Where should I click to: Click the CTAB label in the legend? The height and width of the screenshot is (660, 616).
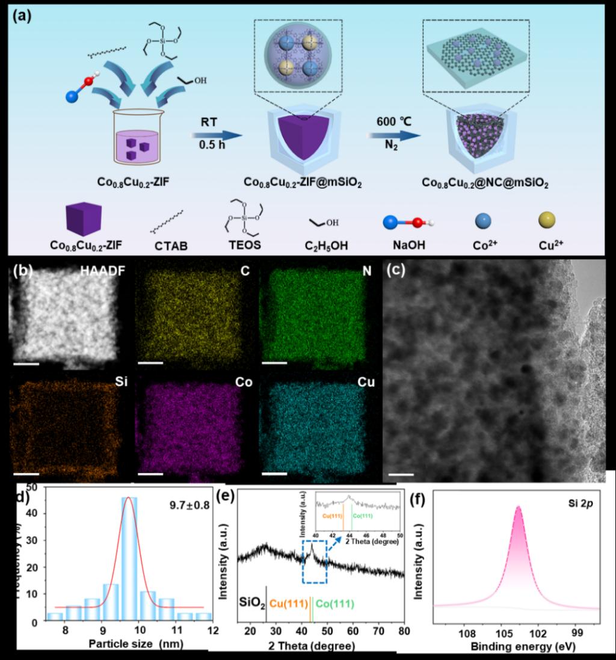(168, 246)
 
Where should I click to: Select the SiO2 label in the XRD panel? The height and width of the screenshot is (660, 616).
(251, 602)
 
